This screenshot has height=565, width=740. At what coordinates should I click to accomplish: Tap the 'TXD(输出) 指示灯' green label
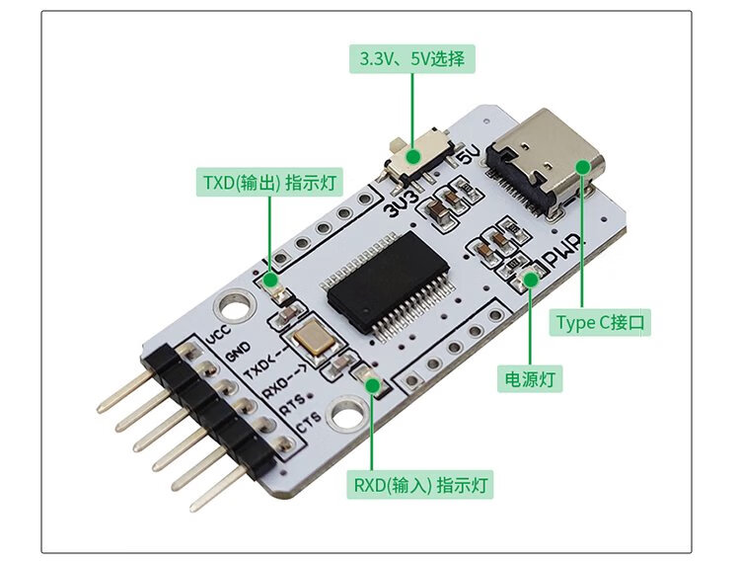269,182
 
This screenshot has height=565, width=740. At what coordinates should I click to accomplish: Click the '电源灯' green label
531,377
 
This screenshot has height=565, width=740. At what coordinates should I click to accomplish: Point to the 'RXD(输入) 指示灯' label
422,485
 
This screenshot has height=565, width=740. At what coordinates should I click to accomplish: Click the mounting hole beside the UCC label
234,305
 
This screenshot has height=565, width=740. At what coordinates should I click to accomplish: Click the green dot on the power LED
531,280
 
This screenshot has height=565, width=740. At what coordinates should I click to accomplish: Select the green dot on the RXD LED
372,383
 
